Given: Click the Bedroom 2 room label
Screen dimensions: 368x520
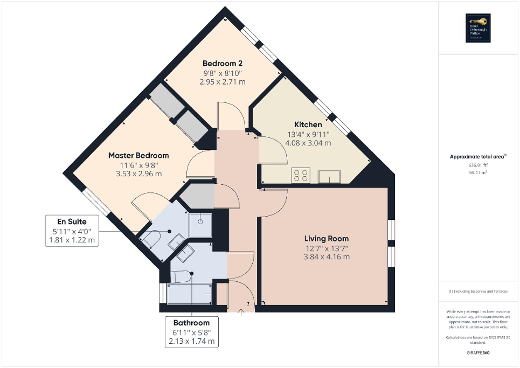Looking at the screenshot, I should (x=223, y=63).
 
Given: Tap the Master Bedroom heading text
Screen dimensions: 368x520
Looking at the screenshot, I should (x=138, y=155).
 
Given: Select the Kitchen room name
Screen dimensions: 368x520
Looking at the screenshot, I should (x=308, y=124).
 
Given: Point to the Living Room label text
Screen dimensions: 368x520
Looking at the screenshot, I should (x=327, y=238).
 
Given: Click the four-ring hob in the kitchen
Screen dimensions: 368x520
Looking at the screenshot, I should (x=301, y=175).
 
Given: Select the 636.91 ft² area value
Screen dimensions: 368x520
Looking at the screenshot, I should (x=478, y=165).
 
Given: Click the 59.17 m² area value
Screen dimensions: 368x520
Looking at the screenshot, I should (x=478, y=173).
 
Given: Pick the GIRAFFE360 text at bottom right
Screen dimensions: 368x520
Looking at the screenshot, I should (x=479, y=353).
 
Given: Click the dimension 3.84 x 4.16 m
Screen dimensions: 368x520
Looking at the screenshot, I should (x=327, y=257).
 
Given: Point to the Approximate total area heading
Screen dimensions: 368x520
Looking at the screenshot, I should (x=478, y=157).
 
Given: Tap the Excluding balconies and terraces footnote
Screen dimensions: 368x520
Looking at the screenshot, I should (x=478, y=291).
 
